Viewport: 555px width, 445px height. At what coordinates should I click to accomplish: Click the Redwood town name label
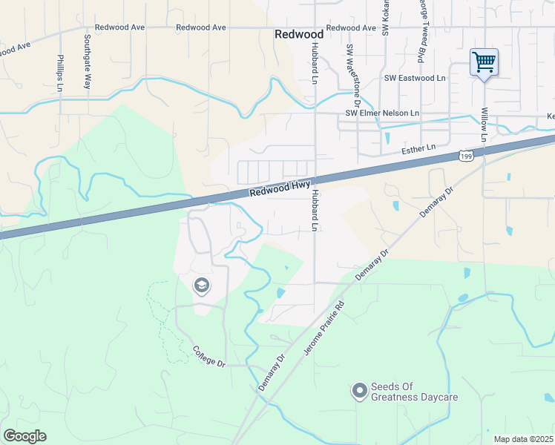pos(298,34)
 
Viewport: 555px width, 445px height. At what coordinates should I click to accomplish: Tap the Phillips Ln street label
pos(59,72)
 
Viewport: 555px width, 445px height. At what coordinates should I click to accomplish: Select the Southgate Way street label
pos(87,62)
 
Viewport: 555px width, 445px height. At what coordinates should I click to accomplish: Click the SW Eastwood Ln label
pos(414,78)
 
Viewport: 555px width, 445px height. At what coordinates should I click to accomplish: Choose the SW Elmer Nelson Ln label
pos(383,113)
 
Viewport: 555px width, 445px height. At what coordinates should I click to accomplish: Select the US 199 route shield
pos(466,156)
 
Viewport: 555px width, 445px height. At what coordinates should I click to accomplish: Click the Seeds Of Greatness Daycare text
pos(414,392)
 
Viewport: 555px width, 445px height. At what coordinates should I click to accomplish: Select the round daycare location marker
pos(360,390)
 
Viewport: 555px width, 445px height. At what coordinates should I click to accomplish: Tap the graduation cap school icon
pos(200,286)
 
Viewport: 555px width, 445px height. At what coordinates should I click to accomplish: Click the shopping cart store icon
pos(484,62)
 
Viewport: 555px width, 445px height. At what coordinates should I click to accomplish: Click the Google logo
pos(24,436)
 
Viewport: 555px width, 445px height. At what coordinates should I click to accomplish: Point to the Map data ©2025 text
pos(523,439)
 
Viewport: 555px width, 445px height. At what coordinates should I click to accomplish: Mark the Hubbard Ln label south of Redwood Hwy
pos(315,211)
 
